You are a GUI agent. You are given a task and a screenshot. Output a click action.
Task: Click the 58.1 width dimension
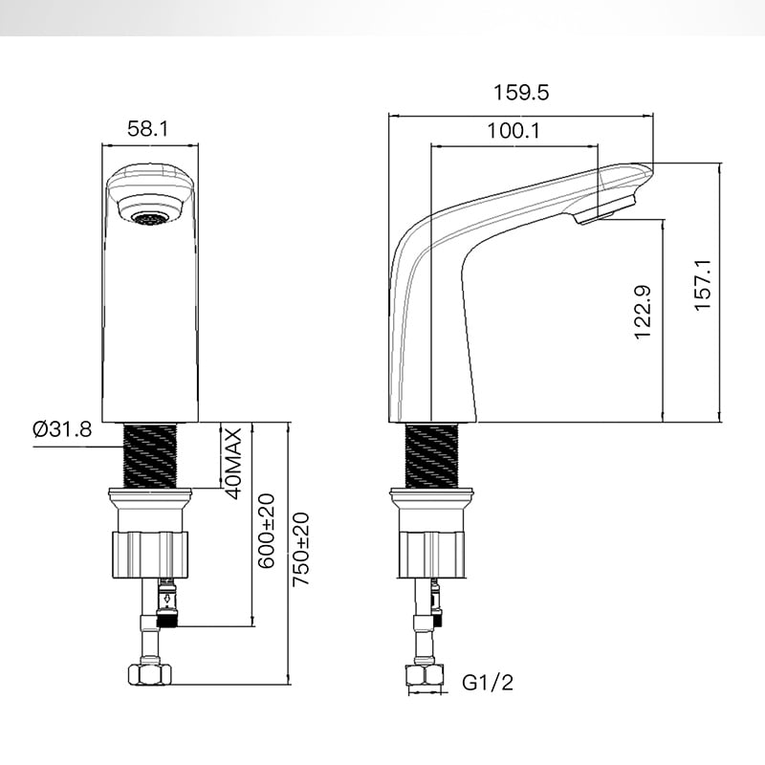[x=148, y=129]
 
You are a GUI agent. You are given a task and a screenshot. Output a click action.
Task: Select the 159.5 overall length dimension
[x=521, y=92]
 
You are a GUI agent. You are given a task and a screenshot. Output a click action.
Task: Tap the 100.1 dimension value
[x=514, y=131]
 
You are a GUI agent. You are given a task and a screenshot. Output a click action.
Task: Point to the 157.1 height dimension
[x=703, y=285]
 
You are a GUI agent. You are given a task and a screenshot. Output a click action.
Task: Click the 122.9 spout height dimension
[x=642, y=313]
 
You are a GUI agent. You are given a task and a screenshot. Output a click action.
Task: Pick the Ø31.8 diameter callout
[x=62, y=429]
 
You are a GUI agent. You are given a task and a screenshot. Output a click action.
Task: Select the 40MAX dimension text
[x=233, y=463]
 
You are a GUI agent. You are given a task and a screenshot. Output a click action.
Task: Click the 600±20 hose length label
[x=267, y=531]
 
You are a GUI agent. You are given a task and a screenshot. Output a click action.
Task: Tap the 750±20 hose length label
[x=300, y=549]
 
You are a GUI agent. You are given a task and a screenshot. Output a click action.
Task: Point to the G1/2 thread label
[x=488, y=682]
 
